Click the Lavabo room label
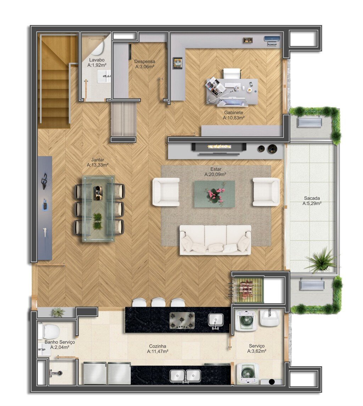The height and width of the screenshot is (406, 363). [x=97, y=60]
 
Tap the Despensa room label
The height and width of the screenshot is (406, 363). [x=145, y=62]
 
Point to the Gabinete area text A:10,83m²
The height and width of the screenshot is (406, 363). [x=234, y=118]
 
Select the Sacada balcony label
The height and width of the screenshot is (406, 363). [x=312, y=198]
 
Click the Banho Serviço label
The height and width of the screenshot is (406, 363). [x=60, y=342]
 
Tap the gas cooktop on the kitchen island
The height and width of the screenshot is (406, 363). [x=182, y=320]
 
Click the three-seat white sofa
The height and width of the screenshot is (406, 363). [x=216, y=240]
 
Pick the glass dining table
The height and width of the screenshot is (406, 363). [x=98, y=209]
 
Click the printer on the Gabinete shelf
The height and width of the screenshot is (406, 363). [x=272, y=41]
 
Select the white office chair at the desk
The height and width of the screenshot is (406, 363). [x=232, y=73]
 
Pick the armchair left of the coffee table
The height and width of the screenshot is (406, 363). [x=166, y=192]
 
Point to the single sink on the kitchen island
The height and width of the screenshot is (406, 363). [x=216, y=321]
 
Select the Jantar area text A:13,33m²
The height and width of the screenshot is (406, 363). [x=98, y=165]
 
